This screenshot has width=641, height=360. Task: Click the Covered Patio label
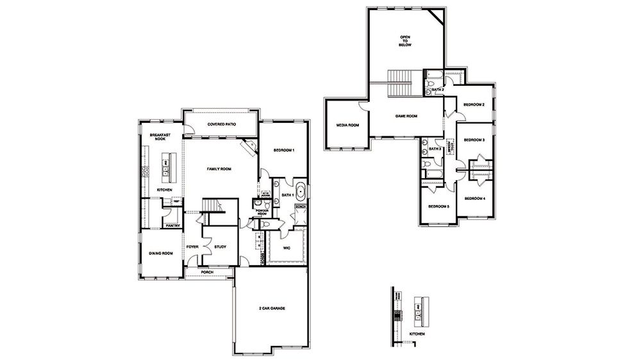pos(221,124)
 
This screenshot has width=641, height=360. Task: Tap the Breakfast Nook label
pos(159,138)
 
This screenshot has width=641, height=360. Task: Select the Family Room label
pos(219,169)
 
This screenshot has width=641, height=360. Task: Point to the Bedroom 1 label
pos(283,150)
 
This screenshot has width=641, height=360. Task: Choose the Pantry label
pos(172,225)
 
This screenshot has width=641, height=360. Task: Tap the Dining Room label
pos(161,254)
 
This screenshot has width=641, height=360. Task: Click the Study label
pos(221,247)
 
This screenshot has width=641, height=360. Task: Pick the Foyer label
pos(192,247)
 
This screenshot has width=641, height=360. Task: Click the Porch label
pos(207,272)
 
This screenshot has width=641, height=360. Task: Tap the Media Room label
pos(347,125)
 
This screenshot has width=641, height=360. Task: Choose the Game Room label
pos(406,116)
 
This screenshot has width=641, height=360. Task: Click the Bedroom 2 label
pos(474,104)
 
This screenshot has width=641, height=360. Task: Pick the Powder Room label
pos(262,212)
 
